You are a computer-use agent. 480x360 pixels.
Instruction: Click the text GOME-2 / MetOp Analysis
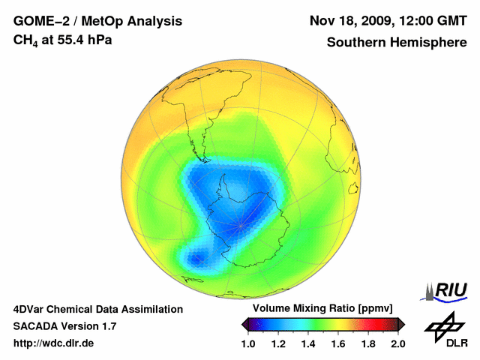tap(97, 20)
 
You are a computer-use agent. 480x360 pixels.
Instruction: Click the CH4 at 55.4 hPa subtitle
tap(63, 40)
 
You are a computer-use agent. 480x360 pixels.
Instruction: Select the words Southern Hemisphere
tap(396, 42)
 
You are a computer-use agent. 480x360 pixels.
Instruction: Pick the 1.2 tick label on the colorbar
tap(278, 343)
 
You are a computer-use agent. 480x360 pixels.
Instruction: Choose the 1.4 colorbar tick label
tap(308, 343)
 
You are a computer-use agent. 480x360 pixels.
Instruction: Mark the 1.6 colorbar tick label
tap(338, 343)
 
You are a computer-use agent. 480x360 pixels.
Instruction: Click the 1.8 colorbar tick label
tap(367, 343)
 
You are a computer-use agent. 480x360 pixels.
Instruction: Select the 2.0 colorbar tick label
tap(397, 343)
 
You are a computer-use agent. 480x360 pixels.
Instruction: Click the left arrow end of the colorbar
tap(245, 324)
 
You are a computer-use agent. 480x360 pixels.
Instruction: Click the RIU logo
tap(447, 290)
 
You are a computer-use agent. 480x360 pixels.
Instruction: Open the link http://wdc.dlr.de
tap(54, 343)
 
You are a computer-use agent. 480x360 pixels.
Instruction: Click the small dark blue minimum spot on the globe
tap(196, 259)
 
